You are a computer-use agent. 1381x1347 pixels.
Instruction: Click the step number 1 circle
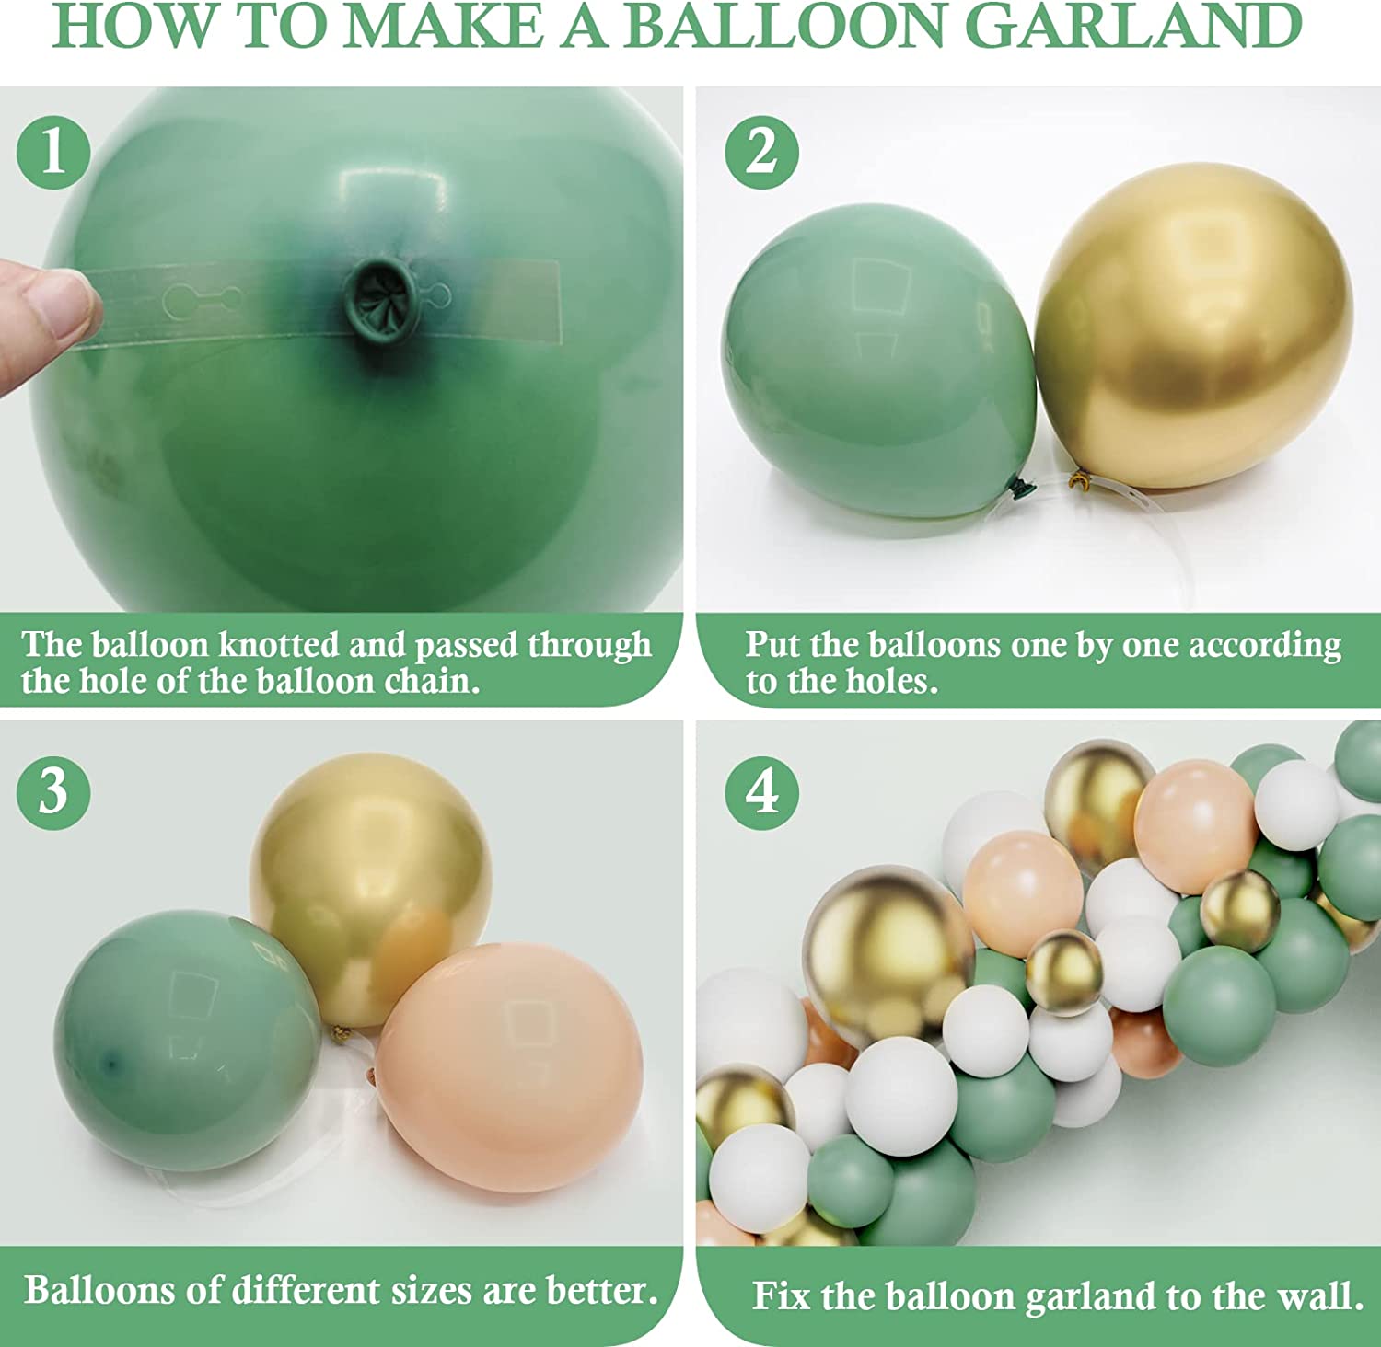(53, 152)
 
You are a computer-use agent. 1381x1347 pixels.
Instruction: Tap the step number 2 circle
(761, 152)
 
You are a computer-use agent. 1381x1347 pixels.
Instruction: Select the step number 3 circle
(53, 792)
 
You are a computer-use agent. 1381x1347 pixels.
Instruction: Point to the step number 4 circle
(761, 792)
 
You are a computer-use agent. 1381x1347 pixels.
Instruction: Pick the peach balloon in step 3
(509, 1066)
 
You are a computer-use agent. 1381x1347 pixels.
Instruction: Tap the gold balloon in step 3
(371, 888)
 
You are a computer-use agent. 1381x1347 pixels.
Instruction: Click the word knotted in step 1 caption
(279, 644)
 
